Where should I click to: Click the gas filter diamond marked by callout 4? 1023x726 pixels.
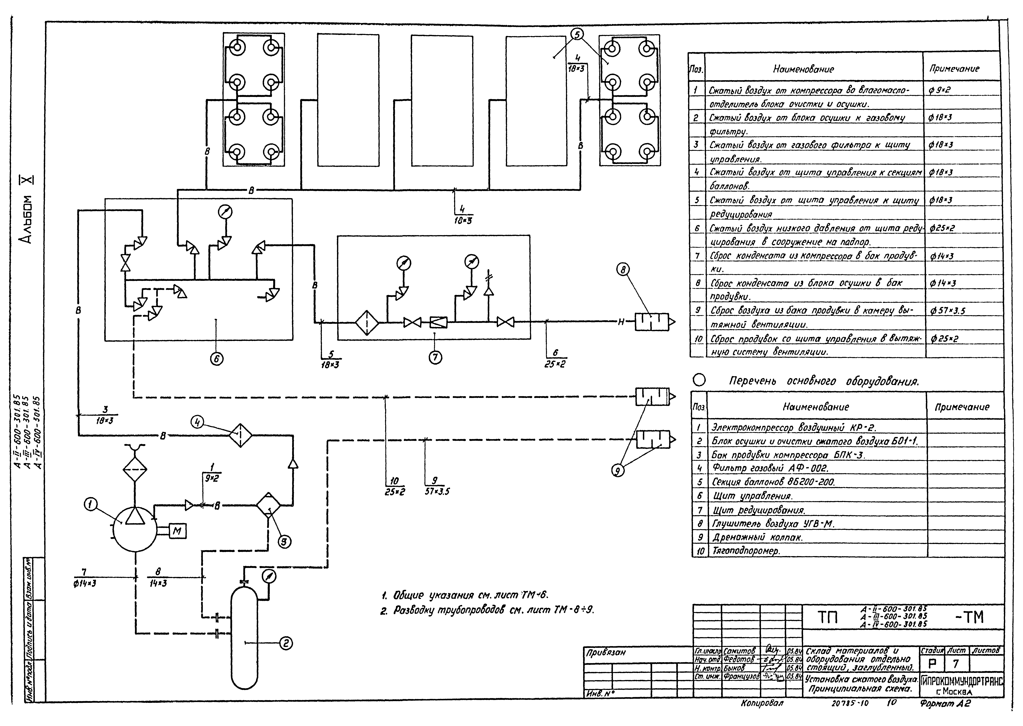click(x=240, y=435)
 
